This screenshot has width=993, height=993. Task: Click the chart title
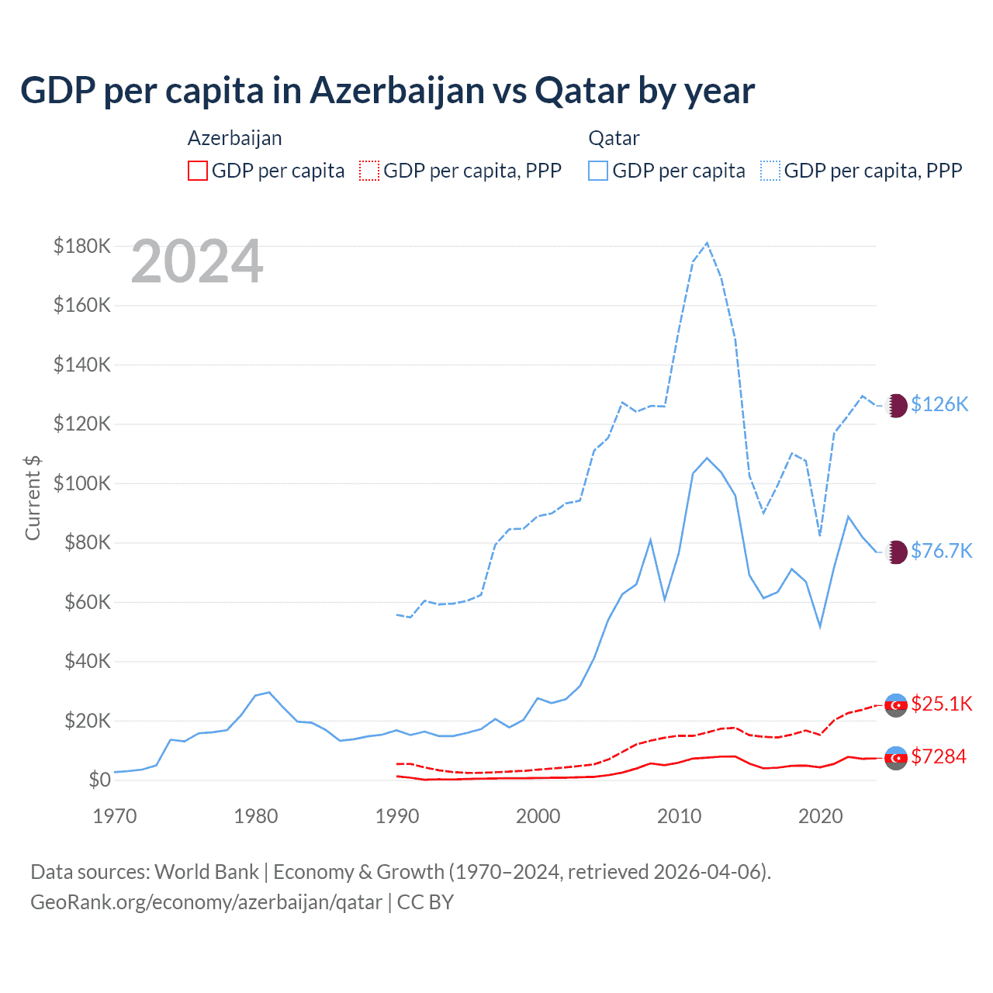point(387,91)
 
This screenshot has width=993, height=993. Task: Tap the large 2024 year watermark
point(197,262)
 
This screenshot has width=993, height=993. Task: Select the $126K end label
point(939,404)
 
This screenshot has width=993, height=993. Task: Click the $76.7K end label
point(941,551)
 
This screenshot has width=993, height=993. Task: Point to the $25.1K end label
point(941,704)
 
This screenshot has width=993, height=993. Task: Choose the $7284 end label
point(939,756)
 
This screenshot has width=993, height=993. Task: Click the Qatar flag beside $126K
point(896,405)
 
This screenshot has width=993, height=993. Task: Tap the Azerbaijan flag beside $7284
point(896,757)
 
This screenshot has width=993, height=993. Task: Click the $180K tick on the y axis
point(82,246)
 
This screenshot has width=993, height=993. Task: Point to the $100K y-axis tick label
point(82,483)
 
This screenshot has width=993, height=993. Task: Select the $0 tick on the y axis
point(99,780)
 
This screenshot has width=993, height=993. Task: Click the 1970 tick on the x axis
point(115,816)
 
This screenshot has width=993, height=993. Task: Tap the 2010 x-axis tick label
point(680,816)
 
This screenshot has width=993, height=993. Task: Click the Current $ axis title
point(33,497)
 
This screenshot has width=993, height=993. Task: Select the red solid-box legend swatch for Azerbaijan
point(198,171)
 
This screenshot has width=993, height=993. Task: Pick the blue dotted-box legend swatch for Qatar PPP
point(770,171)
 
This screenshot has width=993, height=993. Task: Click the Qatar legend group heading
point(614,138)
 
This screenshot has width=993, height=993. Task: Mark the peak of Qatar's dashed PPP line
point(707,243)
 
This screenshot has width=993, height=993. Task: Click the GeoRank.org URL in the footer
point(206,902)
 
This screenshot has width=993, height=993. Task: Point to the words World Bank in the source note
point(206,872)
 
